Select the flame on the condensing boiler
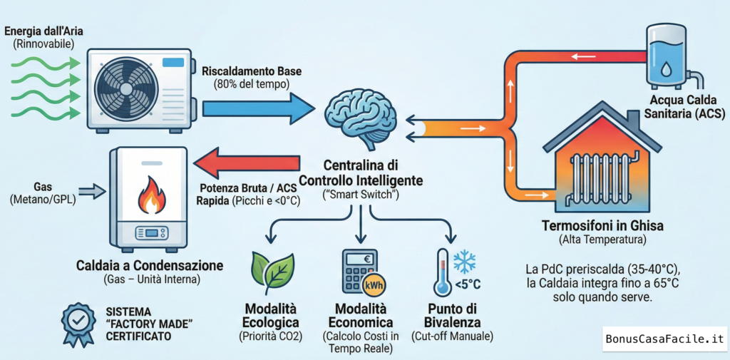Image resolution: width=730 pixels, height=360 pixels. pyautogui.click(x=150, y=195)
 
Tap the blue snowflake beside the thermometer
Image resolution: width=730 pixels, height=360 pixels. pyautogui.click(x=465, y=262)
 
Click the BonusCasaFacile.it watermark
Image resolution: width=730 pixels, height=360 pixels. pyautogui.click(x=663, y=339)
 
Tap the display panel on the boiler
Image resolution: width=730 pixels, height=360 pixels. pyautogui.click(x=150, y=232)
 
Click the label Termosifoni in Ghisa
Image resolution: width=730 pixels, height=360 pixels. pyautogui.click(x=602, y=226)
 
